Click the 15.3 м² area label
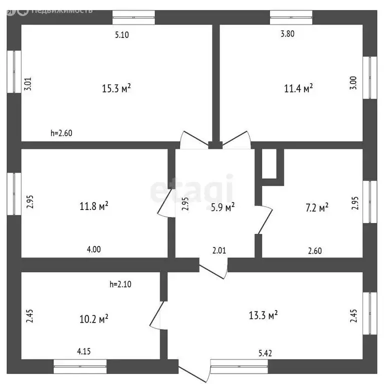click(x=116, y=88)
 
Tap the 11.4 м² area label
click(x=298, y=88)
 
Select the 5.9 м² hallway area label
click(x=222, y=207)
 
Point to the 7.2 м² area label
click(x=317, y=207)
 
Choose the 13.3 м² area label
click(x=263, y=315)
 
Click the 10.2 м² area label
click(x=94, y=319)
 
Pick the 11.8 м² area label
click(x=94, y=206)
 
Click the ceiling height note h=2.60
click(x=61, y=133)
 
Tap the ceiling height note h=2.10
click(x=120, y=284)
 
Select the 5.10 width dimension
click(x=122, y=35)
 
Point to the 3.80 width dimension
click(x=287, y=34)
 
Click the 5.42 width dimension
click(x=265, y=353)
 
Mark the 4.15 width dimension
click(x=84, y=351)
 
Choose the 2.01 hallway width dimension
click(x=219, y=250)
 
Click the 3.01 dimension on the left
click(x=27, y=84)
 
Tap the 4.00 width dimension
click(x=94, y=249)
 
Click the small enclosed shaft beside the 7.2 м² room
click(x=269, y=163)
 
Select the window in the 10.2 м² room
click(x=80, y=366)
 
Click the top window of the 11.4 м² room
click(x=291, y=17)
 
